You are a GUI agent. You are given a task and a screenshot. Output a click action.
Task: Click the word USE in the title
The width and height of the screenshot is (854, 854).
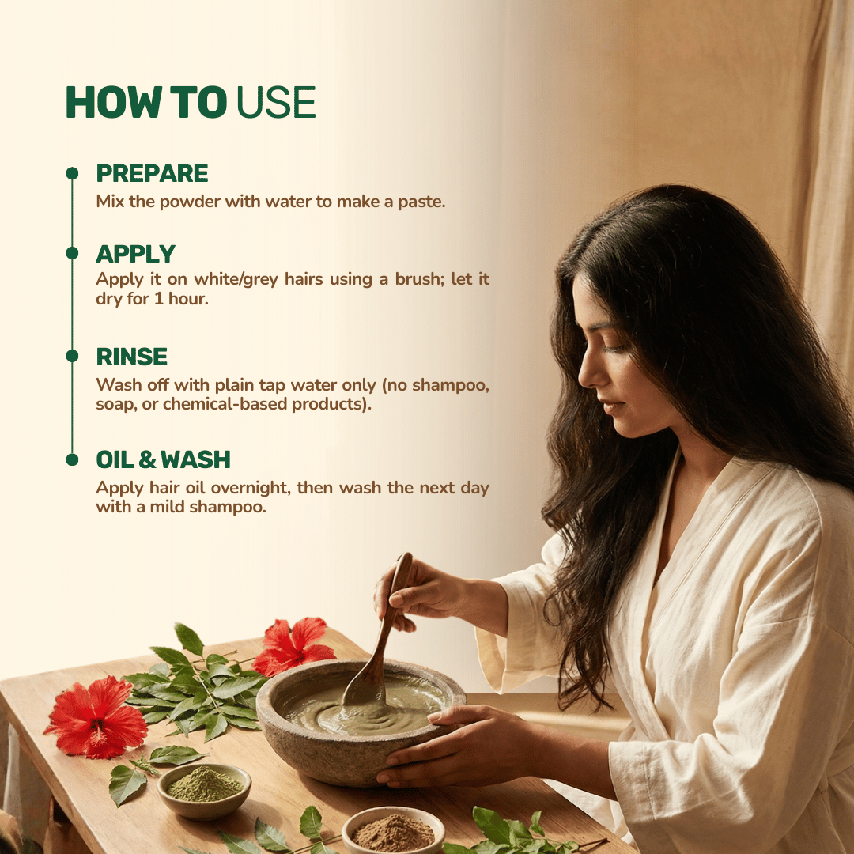[276, 102]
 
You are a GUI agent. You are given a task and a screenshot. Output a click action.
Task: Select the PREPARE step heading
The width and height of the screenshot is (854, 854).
[152, 173]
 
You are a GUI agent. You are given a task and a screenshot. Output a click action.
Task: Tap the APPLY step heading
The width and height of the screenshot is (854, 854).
[135, 254]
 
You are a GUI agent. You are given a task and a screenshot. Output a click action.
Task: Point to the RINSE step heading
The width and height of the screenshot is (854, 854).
[132, 357]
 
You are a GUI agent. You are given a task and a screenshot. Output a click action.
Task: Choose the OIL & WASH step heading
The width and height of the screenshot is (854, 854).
[163, 459]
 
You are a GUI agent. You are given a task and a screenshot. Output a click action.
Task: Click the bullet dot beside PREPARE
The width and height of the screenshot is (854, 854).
[72, 173]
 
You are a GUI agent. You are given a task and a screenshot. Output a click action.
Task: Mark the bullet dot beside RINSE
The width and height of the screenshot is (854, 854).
[72, 357]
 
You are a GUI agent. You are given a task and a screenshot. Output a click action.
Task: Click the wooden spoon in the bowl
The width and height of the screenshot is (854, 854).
[380, 640]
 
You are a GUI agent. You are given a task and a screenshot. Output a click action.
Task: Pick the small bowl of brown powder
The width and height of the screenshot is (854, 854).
[393, 830]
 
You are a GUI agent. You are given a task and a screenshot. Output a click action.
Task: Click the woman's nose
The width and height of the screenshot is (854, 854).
[584, 372]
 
